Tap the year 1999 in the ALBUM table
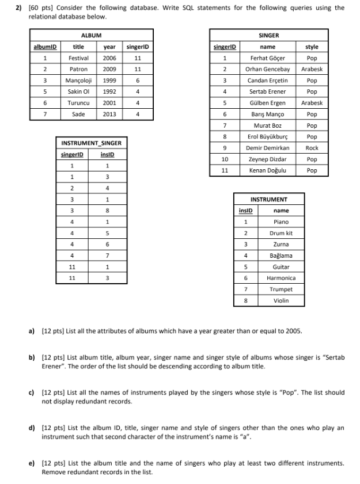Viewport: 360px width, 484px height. click(109, 81)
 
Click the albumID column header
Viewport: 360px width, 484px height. click(44, 47)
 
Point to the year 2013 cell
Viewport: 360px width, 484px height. click(109, 114)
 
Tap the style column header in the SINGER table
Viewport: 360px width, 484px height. click(312, 47)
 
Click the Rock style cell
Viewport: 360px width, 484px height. click(312, 148)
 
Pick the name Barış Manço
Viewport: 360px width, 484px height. click(267, 115)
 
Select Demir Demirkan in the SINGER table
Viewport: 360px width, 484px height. click(267, 148)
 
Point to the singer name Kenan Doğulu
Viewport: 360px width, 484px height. click(267, 170)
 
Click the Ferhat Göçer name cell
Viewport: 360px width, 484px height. click(267, 58)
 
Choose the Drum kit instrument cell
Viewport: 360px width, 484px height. click(281, 233)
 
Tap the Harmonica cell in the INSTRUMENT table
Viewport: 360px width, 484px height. click(281, 278)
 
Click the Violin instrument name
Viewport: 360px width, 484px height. click(281, 300)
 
